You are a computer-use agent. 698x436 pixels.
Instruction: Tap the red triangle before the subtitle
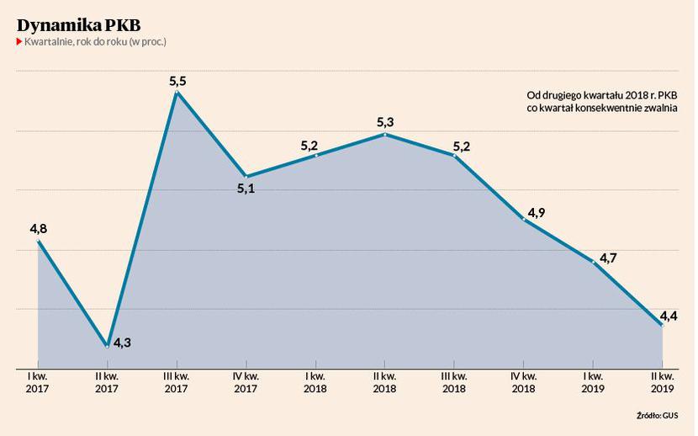(x=19, y=41)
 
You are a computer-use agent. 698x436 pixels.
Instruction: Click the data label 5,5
(x=177, y=81)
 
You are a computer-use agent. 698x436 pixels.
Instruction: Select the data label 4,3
(x=122, y=343)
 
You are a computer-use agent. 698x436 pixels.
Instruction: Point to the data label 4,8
(x=39, y=228)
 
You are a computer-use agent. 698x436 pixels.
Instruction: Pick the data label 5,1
(x=246, y=189)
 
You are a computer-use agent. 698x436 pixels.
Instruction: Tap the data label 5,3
(x=385, y=123)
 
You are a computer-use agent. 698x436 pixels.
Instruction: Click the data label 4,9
(x=537, y=212)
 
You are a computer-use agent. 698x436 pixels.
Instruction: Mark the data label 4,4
(x=669, y=316)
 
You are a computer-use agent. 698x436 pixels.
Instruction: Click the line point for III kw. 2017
(x=177, y=93)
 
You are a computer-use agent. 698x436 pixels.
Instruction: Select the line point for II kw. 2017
(x=108, y=345)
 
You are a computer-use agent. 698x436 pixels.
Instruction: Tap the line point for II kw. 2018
(x=385, y=135)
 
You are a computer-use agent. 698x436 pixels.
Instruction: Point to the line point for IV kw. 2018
(x=524, y=220)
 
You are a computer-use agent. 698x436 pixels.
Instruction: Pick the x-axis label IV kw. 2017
(x=246, y=381)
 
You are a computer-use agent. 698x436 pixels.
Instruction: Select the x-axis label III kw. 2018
(x=454, y=381)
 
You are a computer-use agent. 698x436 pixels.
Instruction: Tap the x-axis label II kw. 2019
(x=663, y=381)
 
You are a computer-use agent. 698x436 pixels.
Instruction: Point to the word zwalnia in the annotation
(x=661, y=109)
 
